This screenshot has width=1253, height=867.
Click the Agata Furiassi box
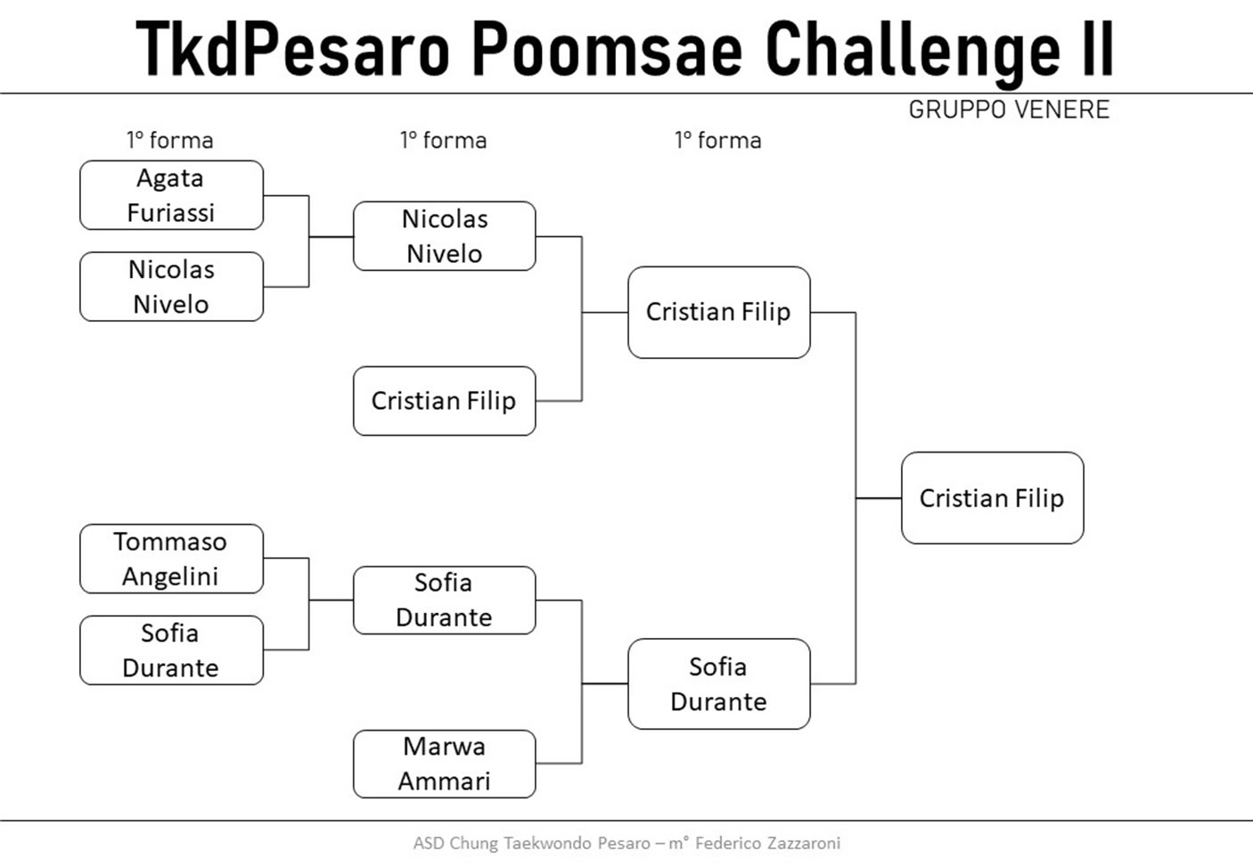point(172,195)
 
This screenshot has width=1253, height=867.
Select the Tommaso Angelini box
point(172,559)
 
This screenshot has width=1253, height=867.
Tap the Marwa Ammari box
point(445,764)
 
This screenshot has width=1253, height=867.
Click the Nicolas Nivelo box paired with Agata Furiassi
point(172,286)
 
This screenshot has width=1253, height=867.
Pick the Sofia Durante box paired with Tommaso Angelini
point(172,650)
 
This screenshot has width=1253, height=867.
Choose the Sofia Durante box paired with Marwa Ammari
point(445,601)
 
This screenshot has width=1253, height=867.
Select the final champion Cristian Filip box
point(993,498)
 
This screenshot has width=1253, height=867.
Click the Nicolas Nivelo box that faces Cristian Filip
point(445,236)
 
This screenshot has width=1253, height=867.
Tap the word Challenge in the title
point(913,53)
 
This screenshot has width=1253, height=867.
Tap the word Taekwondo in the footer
point(547,844)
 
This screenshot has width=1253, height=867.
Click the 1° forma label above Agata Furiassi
point(170,141)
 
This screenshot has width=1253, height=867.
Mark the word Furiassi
point(170,213)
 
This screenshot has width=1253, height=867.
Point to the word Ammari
point(444,781)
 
